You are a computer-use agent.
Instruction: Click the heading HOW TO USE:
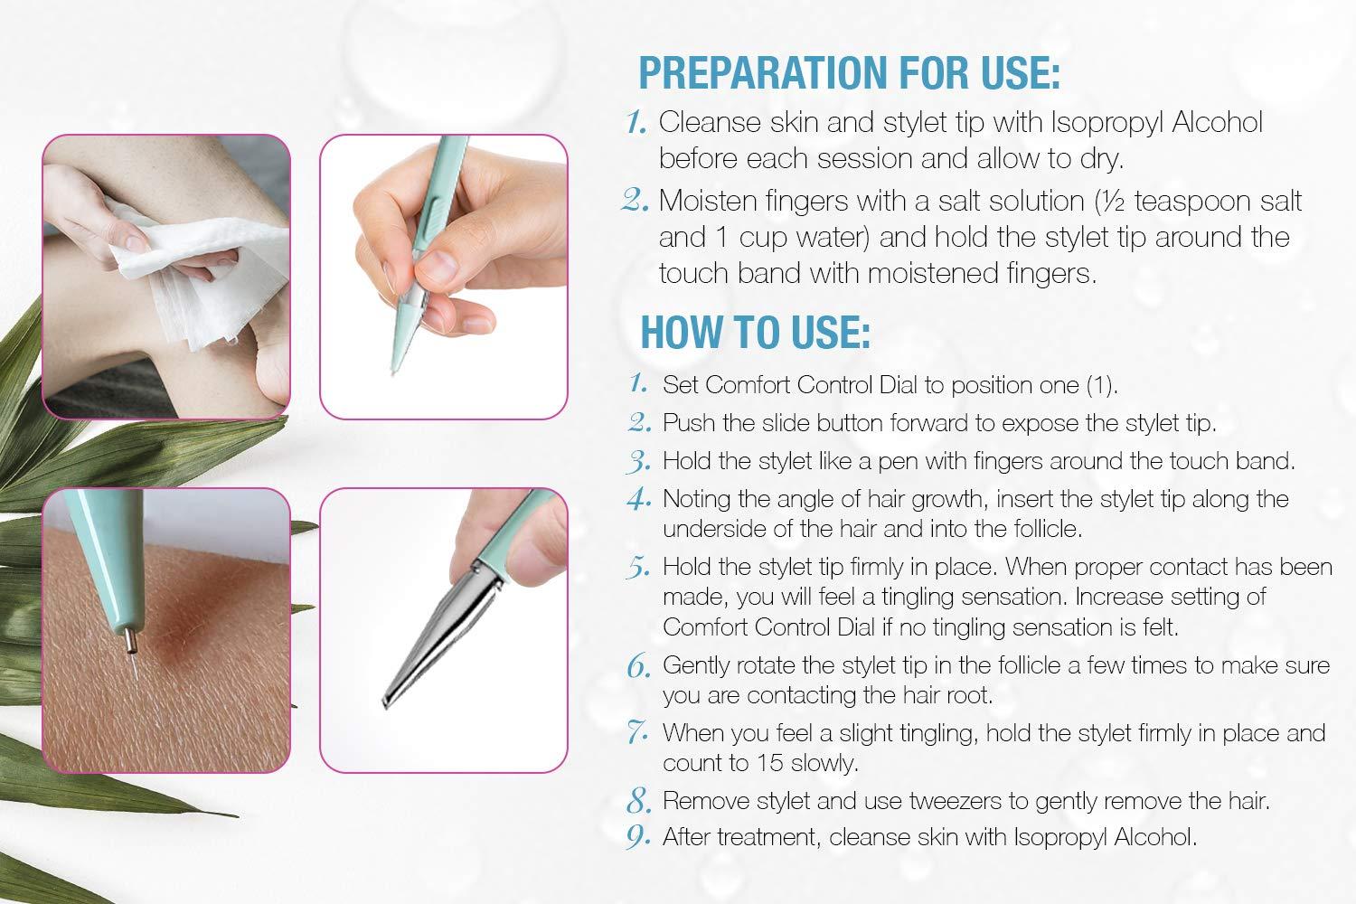(x=755, y=333)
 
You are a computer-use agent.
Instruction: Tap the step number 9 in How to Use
(x=638, y=837)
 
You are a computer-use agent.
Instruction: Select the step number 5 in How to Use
(x=638, y=567)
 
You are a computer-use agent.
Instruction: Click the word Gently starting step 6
(x=693, y=666)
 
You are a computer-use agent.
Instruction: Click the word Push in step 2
(x=684, y=423)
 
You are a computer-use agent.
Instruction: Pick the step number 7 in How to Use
(x=638, y=732)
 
